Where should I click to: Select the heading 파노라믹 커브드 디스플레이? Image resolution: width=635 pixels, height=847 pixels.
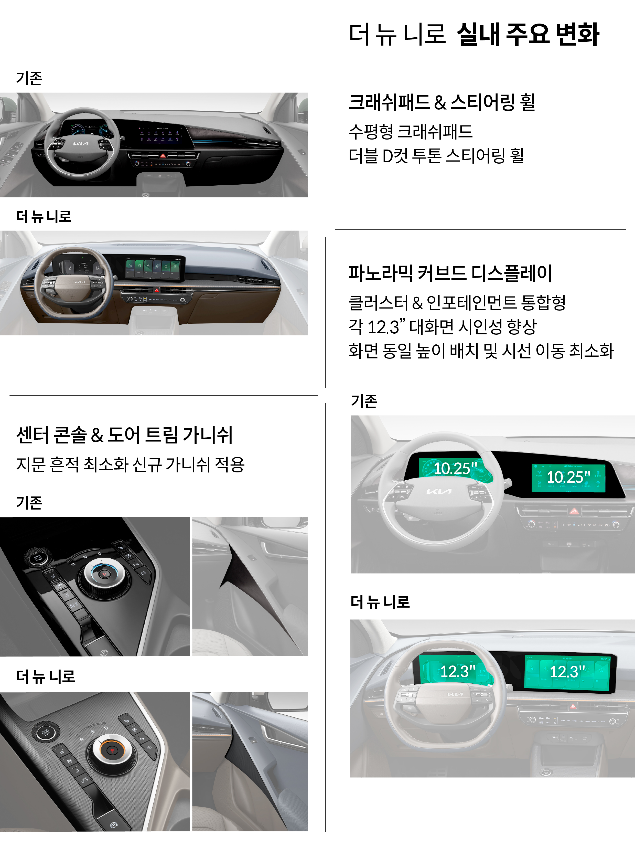click(450, 273)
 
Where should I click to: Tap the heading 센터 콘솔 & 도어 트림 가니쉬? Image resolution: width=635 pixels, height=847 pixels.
click(124, 435)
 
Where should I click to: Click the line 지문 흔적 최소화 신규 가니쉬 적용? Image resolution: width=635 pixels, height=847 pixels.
click(130, 464)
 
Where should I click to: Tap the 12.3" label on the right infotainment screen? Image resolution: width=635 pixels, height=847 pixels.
click(567, 671)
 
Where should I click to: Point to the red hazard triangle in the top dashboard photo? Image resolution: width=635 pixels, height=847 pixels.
click(163, 156)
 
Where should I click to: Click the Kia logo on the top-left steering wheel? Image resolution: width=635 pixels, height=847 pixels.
click(81, 144)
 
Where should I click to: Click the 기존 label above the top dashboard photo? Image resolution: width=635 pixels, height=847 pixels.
click(29, 79)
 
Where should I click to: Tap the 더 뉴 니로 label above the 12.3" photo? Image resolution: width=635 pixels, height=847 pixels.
click(380, 602)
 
